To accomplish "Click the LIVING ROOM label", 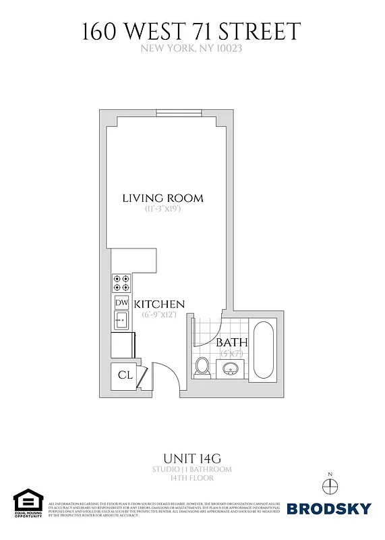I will [x=162, y=198].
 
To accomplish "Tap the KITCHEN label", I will [x=159, y=304].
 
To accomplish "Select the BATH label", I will [x=231, y=343].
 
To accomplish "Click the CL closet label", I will [x=125, y=375].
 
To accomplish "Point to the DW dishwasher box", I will [x=121, y=302].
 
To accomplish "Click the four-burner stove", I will [x=121, y=281].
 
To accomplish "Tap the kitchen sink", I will [x=121, y=320].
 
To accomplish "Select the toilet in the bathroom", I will [x=202, y=367].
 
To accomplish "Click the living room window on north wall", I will [x=179, y=113].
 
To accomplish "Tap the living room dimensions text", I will [x=162, y=209].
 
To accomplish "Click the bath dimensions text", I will [x=231, y=353].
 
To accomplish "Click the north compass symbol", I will [x=330, y=487].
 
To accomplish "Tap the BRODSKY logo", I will [x=329, y=508].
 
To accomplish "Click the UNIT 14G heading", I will [x=192, y=457].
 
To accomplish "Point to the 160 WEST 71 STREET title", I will [x=192, y=32].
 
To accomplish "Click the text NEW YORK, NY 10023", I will [x=192, y=48].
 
